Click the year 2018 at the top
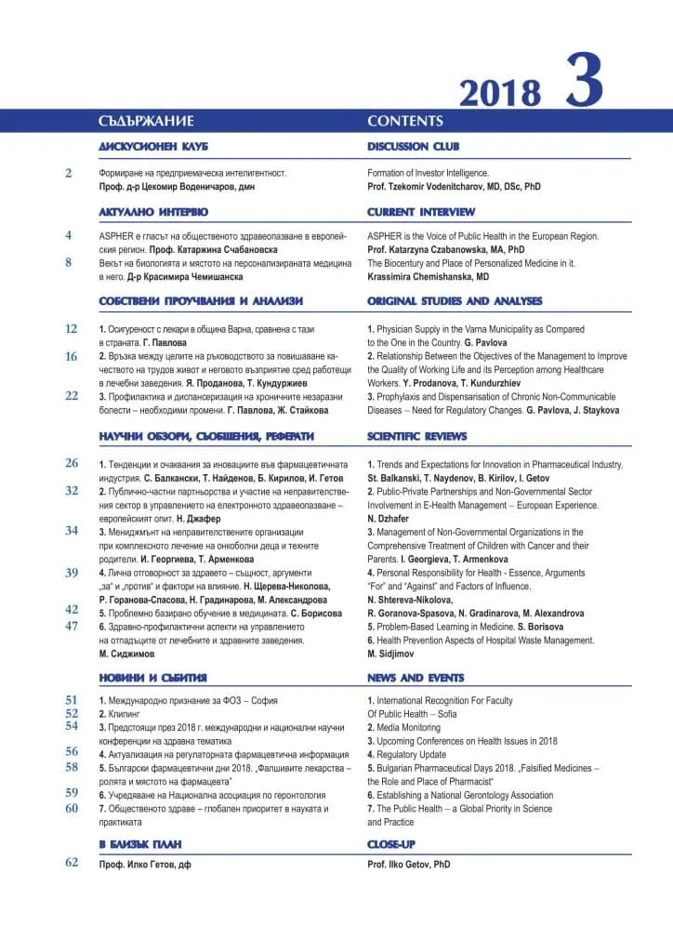click(x=499, y=93)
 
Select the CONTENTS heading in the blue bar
click(x=405, y=121)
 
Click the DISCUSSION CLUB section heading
click(x=413, y=147)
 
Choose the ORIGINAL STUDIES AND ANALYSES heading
click(x=455, y=301)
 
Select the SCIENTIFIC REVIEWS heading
click(x=416, y=436)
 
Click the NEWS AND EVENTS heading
click(x=415, y=678)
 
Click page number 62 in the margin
click(x=72, y=863)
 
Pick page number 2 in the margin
click(x=68, y=173)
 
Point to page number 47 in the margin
click(x=72, y=626)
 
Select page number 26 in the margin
click(x=72, y=463)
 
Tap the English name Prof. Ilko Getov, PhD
click(x=409, y=865)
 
